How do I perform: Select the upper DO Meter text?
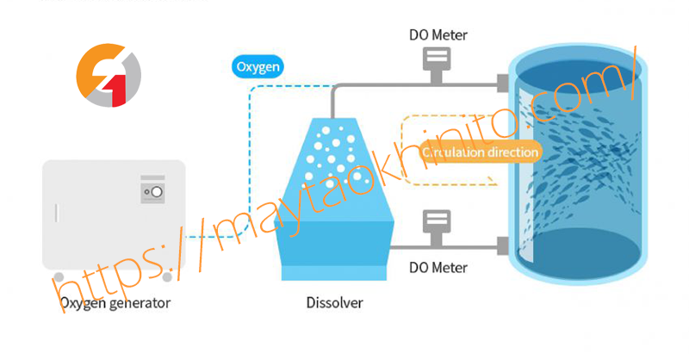coord(438,36)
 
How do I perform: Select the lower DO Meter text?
coord(438,268)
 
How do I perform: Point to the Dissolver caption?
coord(334,302)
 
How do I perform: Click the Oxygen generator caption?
coord(115,302)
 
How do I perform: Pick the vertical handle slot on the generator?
coord(57,213)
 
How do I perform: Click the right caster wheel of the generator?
coord(168,276)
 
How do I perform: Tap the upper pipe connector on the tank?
coord(501,84)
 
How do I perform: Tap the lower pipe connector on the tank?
coord(501,248)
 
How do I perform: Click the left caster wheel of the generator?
coord(59,277)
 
